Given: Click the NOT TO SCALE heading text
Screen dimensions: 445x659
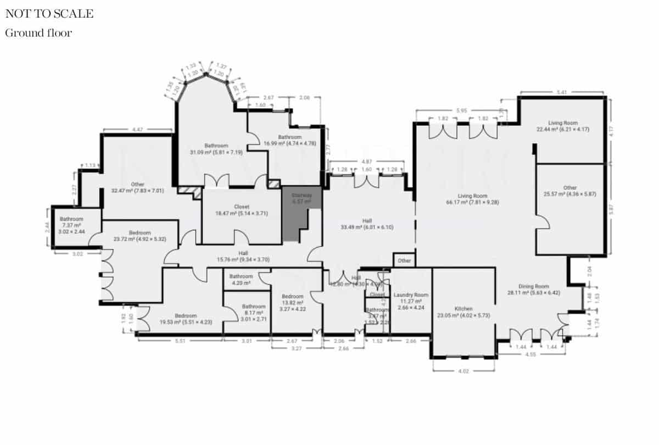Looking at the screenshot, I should click(49, 14).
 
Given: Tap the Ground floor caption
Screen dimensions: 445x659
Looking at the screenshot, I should click(38, 33).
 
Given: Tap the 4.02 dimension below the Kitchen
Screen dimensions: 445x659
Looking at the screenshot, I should click(463, 372).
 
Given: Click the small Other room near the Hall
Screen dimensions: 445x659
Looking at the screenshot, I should click(404, 260).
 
